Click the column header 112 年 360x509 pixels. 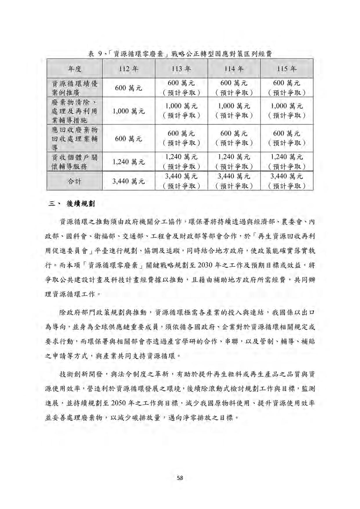pyautogui.click(x=129, y=69)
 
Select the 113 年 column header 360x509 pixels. pyautogui.click(x=181, y=69)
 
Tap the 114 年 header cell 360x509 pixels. pyautogui.click(x=234, y=69)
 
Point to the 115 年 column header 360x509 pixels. pyautogui.click(x=287, y=69)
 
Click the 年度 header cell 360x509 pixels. pyautogui.click(x=75, y=69)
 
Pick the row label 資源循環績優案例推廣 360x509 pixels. pyautogui.click(x=75, y=88)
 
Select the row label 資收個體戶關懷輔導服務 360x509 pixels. pyautogui.click(x=75, y=162)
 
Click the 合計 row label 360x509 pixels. pyautogui.click(x=75, y=181)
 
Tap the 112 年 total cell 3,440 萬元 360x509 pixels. pyautogui.click(x=129, y=181)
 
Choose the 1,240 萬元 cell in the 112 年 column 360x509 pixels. pyautogui.click(x=129, y=162)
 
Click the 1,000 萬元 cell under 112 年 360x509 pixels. pyautogui.click(x=129, y=111)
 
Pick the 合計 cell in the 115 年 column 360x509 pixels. pyautogui.click(x=287, y=181)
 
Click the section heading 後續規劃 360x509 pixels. pyautogui.click(x=80, y=204)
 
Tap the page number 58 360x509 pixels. pyautogui.click(x=180, y=478)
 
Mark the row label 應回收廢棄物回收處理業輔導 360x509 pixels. pyautogui.click(x=75, y=138)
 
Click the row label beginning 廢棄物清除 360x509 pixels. pyautogui.click(x=75, y=111)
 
